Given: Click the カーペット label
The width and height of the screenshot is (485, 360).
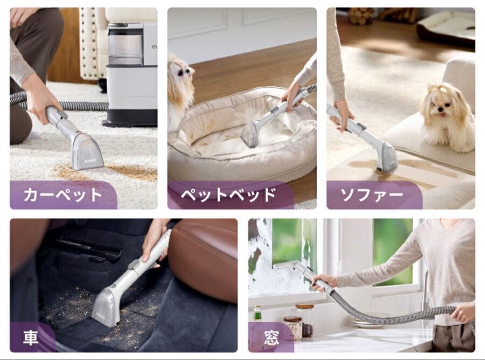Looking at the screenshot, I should [x=63, y=195].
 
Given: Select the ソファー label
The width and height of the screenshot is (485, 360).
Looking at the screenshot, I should [x=372, y=195].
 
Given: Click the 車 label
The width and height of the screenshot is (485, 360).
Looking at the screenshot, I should [x=31, y=338].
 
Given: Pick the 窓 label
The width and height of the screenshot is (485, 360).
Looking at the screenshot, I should [x=271, y=338].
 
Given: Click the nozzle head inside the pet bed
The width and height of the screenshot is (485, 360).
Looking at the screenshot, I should [x=250, y=134].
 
